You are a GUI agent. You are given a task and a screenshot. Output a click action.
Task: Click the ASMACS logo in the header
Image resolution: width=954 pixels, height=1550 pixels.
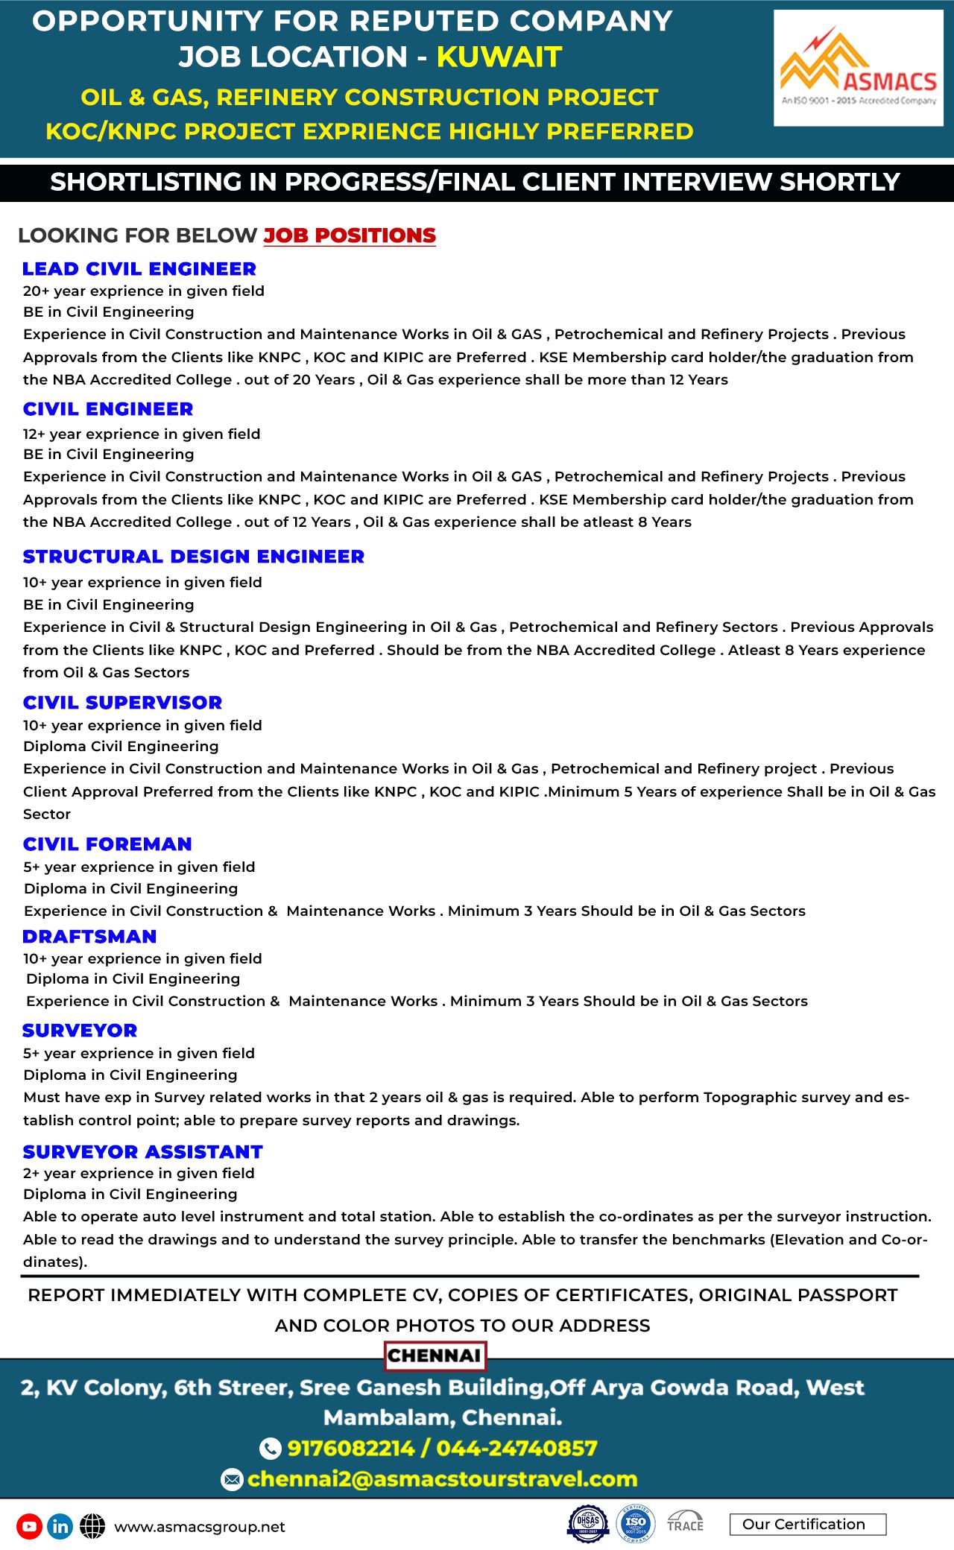[x=858, y=69]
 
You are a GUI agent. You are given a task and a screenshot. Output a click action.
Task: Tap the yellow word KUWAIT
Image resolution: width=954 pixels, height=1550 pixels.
[x=499, y=57]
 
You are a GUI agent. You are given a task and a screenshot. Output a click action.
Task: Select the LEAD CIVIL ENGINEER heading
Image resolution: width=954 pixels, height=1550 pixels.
[x=139, y=269]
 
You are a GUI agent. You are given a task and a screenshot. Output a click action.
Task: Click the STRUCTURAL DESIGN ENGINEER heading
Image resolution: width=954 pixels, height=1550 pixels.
[x=194, y=557]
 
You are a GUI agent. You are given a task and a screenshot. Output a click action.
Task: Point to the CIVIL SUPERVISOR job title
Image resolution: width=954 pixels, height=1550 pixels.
[x=123, y=703]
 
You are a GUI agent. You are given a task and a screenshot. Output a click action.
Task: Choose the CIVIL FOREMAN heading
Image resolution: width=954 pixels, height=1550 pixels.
[x=107, y=844]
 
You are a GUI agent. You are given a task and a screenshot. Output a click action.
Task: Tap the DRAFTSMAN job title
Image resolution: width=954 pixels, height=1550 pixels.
[x=89, y=937]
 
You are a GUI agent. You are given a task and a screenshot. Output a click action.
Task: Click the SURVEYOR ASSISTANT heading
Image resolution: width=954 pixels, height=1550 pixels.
[x=143, y=1152]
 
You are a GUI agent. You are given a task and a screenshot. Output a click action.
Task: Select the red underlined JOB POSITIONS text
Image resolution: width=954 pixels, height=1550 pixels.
[x=350, y=235]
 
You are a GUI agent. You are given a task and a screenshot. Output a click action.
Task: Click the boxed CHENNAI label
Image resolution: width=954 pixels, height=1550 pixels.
[x=435, y=1356]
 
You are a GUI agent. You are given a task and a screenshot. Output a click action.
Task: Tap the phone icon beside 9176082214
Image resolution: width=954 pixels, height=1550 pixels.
[x=270, y=1448]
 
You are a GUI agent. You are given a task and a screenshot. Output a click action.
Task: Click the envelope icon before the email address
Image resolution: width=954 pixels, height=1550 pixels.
[x=233, y=1479]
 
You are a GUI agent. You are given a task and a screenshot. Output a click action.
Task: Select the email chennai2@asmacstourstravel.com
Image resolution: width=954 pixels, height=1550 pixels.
[x=443, y=1478]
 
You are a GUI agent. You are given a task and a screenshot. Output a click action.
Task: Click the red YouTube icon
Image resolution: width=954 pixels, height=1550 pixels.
[x=29, y=1526]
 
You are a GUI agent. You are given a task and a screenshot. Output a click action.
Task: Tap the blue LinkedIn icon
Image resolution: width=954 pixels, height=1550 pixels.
[x=60, y=1526]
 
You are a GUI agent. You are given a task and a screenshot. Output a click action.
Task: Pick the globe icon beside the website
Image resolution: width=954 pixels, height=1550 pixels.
[x=92, y=1526]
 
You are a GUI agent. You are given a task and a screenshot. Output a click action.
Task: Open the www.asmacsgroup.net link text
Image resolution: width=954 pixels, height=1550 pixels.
[x=200, y=1527]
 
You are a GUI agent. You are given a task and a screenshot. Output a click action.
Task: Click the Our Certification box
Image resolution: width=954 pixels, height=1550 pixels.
[x=808, y=1524]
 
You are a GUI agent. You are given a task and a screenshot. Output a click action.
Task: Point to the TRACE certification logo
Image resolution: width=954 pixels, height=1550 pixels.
[x=685, y=1522]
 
